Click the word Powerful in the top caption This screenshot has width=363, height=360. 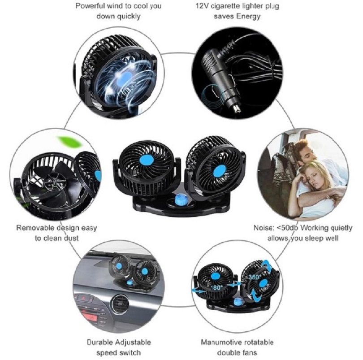[x=90, y=6]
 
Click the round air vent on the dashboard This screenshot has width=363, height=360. [x=120, y=303]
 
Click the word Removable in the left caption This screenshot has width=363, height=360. [x=34, y=228]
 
